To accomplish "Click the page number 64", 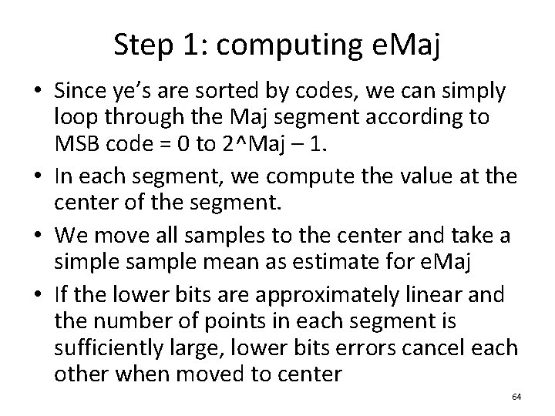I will click(x=516, y=396).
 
